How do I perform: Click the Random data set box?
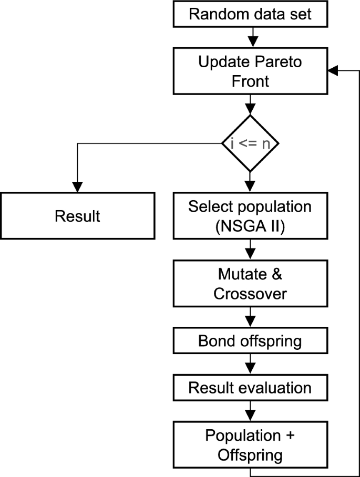250,14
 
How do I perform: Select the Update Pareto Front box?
250,71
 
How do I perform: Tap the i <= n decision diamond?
250,143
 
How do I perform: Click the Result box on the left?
77,216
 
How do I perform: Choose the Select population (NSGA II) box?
250,216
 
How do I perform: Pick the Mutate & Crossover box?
250,284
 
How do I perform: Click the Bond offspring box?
250,341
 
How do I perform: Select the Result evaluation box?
250,388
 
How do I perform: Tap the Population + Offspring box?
250,445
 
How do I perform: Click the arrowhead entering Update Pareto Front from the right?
333,71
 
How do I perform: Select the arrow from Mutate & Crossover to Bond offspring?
250,318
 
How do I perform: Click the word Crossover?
250,293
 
